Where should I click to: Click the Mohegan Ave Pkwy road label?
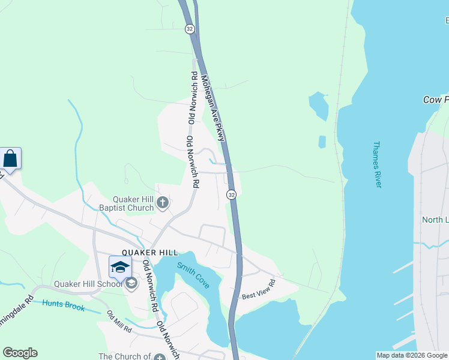(x=213, y=108)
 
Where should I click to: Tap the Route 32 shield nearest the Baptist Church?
(x=231, y=194)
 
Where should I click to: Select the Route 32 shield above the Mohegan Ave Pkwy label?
(x=190, y=29)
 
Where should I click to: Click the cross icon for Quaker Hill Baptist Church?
(x=162, y=203)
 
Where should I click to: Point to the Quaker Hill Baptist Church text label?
(x=134, y=203)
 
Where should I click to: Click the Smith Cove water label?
(x=193, y=275)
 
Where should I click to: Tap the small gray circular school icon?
(x=131, y=283)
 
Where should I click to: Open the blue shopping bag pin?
(x=11, y=159)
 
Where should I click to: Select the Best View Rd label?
(x=258, y=289)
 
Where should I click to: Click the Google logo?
(x=20, y=353)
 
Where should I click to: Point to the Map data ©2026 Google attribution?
(x=411, y=355)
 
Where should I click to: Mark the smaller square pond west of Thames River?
(x=322, y=142)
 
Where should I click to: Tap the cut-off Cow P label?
(x=436, y=100)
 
